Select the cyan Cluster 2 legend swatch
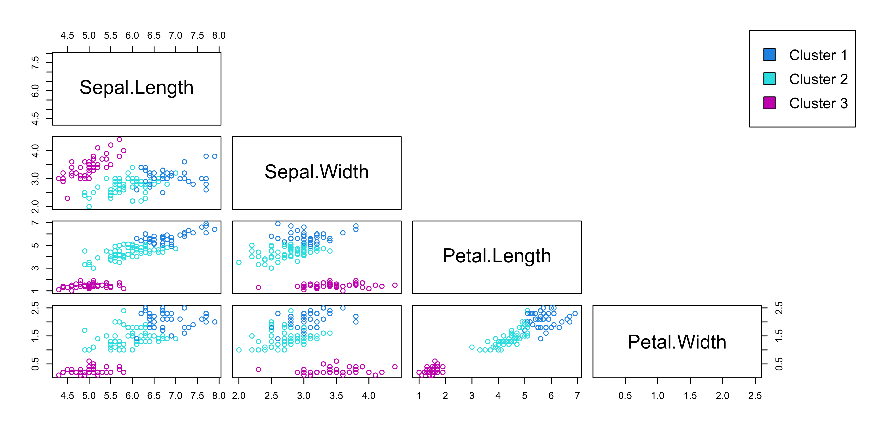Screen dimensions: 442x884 point(769,79)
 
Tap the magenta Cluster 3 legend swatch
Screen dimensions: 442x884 point(769,103)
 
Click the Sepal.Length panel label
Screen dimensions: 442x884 point(137,88)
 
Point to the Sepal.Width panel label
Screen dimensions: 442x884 point(316,172)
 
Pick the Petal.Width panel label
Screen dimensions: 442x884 point(677,342)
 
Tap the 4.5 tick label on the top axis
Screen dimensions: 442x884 point(67,36)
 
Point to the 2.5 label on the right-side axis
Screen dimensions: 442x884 point(779,308)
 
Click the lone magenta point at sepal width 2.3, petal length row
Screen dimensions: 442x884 point(258,287)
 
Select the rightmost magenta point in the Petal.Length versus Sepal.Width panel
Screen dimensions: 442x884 point(395,285)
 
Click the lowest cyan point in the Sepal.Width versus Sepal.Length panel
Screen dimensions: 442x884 point(89,207)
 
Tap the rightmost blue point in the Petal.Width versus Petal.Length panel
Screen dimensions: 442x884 point(575,314)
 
